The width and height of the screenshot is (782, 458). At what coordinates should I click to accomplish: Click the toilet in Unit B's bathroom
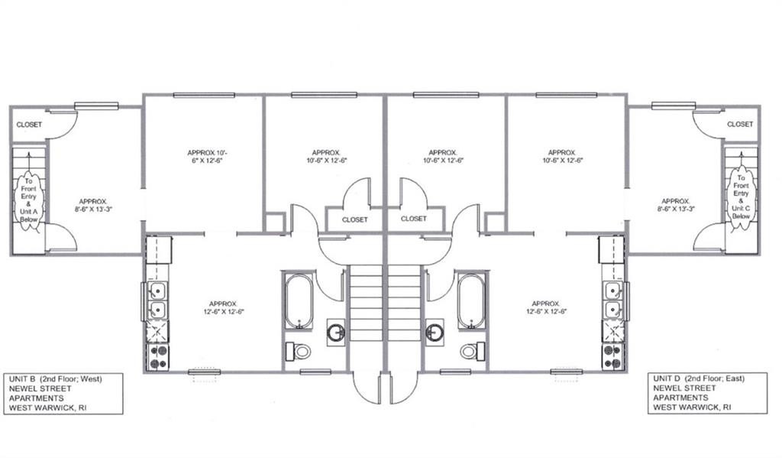pyautogui.click(x=299, y=351)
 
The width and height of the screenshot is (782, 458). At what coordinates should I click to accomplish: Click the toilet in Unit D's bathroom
pyautogui.click(x=472, y=351)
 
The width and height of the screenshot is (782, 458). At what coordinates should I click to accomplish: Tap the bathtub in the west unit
pyautogui.click(x=299, y=301)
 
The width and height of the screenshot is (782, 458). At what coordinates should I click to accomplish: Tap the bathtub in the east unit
pyautogui.click(x=471, y=301)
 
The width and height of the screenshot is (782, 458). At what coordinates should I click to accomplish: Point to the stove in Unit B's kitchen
pyautogui.click(x=157, y=356)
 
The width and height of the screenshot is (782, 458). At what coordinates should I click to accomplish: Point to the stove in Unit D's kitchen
pyautogui.click(x=612, y=356)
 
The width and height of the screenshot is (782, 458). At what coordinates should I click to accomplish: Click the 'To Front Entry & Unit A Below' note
pyautogui.click(x=28, y=200)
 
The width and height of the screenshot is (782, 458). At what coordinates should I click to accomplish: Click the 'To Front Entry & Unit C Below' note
pyautogui.click(x=741, y=197)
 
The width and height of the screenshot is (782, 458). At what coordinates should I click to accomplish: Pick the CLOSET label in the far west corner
pyautogui.click(x=30, y=125)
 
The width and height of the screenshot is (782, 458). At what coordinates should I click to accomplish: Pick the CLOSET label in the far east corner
pyautogui.click(x=739, y=124)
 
